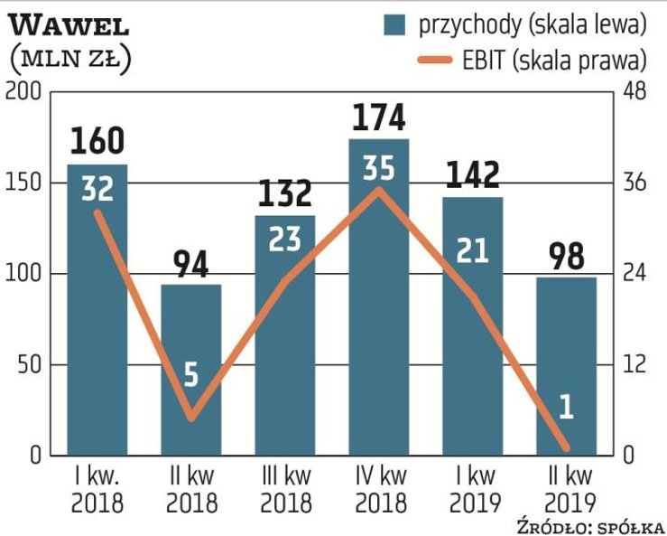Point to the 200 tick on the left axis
click(23, 92)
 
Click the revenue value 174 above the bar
click(378, 119)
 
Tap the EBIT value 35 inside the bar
click(378, 169)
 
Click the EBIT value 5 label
click(191, 374)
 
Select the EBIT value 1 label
click(566, 408)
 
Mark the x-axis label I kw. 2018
click(97, 489)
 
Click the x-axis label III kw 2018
click(284, 489)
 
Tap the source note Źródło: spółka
click(590, 526)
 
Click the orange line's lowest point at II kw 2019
click(566, 447)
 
